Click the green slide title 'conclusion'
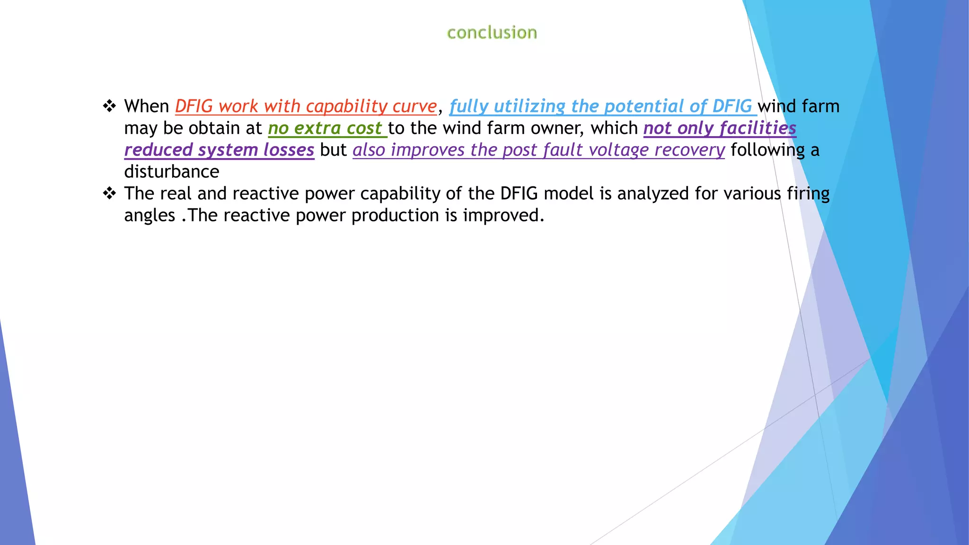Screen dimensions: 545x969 coord(492,33)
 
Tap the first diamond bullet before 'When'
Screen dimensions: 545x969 coord(109,106)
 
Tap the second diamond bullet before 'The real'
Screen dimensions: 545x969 coord(109,193)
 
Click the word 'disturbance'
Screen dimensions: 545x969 coord(172,172)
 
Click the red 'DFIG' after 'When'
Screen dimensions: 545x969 coord(194,106)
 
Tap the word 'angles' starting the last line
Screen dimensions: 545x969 coord(150,215)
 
